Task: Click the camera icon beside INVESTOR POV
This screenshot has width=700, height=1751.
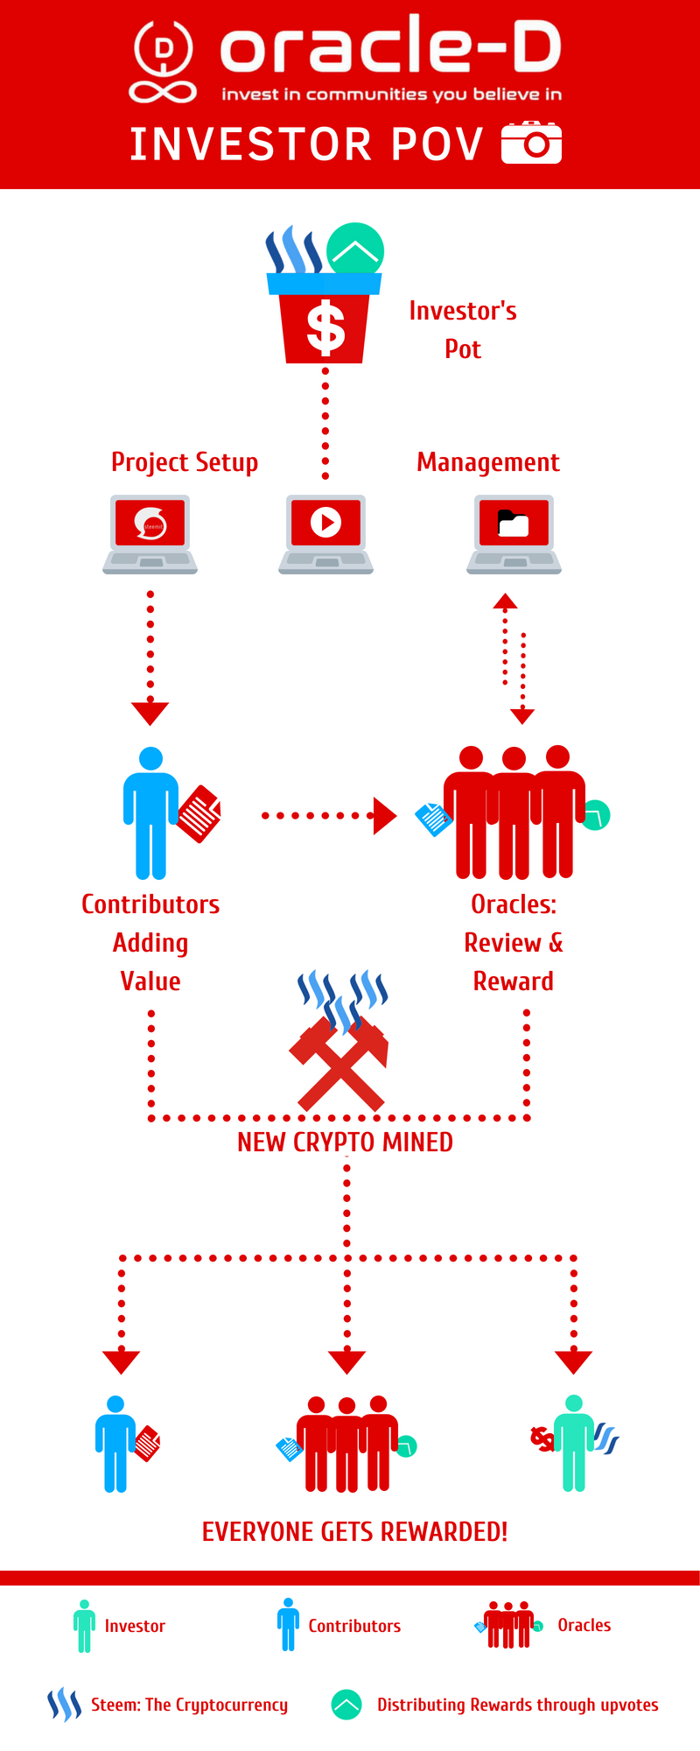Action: (531, 143)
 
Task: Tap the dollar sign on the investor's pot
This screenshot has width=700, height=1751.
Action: (325, 327)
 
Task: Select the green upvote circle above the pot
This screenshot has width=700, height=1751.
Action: (355, 251)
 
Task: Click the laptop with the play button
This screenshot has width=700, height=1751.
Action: (325, 533)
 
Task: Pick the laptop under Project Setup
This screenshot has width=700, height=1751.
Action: (150, 533)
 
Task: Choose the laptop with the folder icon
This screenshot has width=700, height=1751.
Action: (514, 533)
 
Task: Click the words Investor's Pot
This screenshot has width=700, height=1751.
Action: (463, 330)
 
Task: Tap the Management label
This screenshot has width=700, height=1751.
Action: (487, 462)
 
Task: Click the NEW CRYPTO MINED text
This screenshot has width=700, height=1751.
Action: (345, 1143)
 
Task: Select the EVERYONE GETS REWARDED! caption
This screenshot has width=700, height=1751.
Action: (354, 1531)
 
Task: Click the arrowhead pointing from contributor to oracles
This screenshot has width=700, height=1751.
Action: (384, 815)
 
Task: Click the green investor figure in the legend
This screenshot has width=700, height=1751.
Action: (84, 1626)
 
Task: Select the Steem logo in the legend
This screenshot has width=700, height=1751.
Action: (64, 1705)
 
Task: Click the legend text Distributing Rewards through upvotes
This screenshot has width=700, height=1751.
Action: (517, 1705)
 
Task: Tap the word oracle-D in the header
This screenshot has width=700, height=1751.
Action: (390, 48)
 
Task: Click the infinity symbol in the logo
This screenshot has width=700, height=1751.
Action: (163, 91)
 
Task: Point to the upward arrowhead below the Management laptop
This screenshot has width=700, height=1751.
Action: (505, 601)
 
